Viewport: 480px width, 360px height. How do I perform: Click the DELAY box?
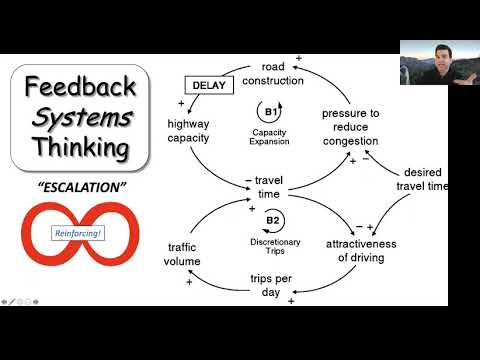(208, 86)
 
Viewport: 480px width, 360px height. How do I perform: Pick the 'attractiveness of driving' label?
(362, 250)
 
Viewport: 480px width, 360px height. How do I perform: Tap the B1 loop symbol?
(269, 112)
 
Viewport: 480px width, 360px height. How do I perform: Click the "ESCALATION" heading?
(76, 187)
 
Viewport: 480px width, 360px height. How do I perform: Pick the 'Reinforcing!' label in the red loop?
(77, 236)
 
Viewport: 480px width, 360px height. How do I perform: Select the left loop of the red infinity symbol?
(40, 237)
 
